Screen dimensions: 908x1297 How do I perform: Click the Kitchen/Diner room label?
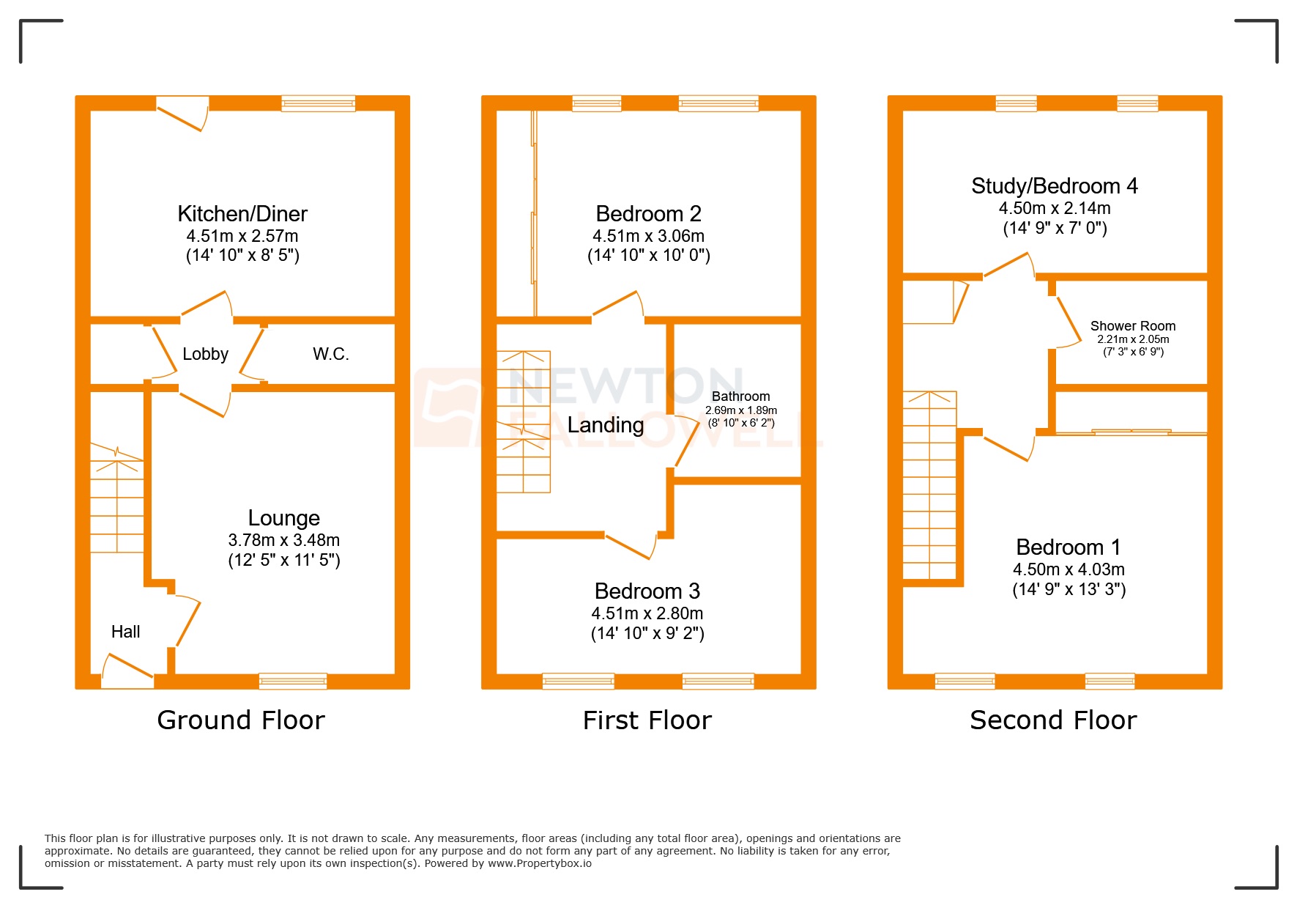point(242,214)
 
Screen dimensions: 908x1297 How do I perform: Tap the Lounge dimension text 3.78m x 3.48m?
point(283,540)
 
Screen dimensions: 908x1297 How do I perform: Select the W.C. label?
point(330,355)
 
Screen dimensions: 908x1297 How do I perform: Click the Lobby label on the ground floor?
point(205,355)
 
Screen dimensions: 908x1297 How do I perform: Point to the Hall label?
point(125,632)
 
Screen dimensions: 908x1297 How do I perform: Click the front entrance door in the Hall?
point(128,667)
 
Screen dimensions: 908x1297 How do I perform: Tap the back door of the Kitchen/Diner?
point(182,114)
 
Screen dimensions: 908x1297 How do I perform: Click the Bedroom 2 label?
point(648,214)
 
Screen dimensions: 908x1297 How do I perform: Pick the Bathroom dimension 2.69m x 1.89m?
point(740,410)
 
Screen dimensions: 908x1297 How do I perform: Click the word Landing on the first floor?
point(606,425)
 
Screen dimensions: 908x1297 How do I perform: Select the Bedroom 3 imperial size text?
point(647,633)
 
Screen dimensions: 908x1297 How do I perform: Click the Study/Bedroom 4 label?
point(1054,186)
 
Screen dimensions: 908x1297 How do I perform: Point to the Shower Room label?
point(1132,326)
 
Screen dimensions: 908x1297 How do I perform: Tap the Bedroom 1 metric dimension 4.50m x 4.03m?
point(1069,569)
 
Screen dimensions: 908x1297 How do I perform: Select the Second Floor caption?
point(1052,720)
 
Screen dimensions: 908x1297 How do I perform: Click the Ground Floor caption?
point(240,720)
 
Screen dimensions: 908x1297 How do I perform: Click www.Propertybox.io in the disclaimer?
point(540,863)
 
